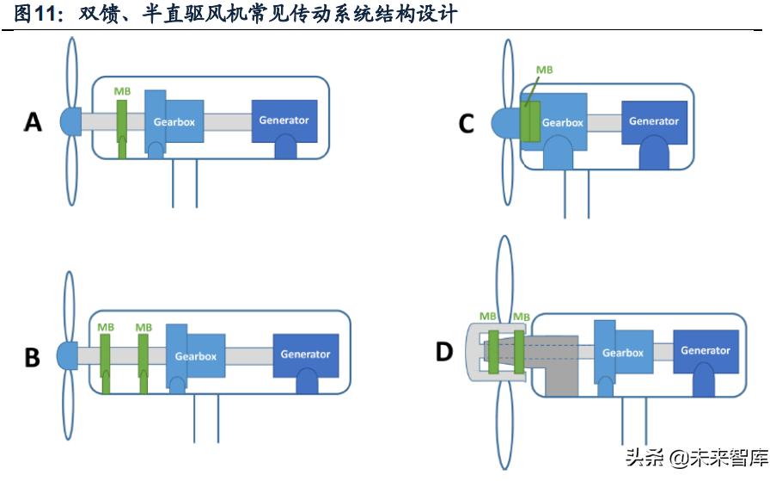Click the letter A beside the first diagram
(x=33, y=122)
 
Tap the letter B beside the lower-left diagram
(x=33, y=356)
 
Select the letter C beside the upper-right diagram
(x=466, y=124)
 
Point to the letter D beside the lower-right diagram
(x=445, y=352)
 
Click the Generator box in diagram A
(x=284, y=120)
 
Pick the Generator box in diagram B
(x=305, y=355)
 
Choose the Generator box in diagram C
(x=654, y=121)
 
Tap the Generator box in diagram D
(x=705, y=351)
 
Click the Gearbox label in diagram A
(x=174, y=122)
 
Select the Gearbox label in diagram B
(x=196, y=355)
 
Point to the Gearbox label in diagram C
(x=563, y=122)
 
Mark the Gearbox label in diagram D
(x=623, y=353)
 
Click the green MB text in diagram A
(x=122, y=91)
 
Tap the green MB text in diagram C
(x=544, y=70)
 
